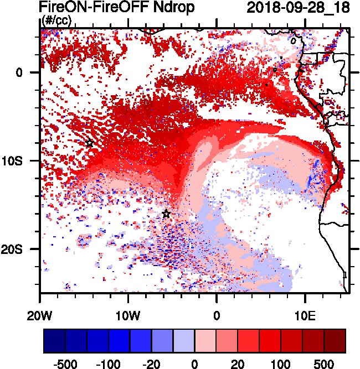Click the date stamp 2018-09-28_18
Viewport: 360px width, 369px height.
295,7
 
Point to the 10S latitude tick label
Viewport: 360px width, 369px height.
24,160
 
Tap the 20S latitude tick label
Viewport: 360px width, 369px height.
24,249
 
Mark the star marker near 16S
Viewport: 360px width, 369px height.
166,214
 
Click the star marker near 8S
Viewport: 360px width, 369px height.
90,143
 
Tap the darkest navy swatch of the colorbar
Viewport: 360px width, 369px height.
54,340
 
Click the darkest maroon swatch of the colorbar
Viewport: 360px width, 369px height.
335,340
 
